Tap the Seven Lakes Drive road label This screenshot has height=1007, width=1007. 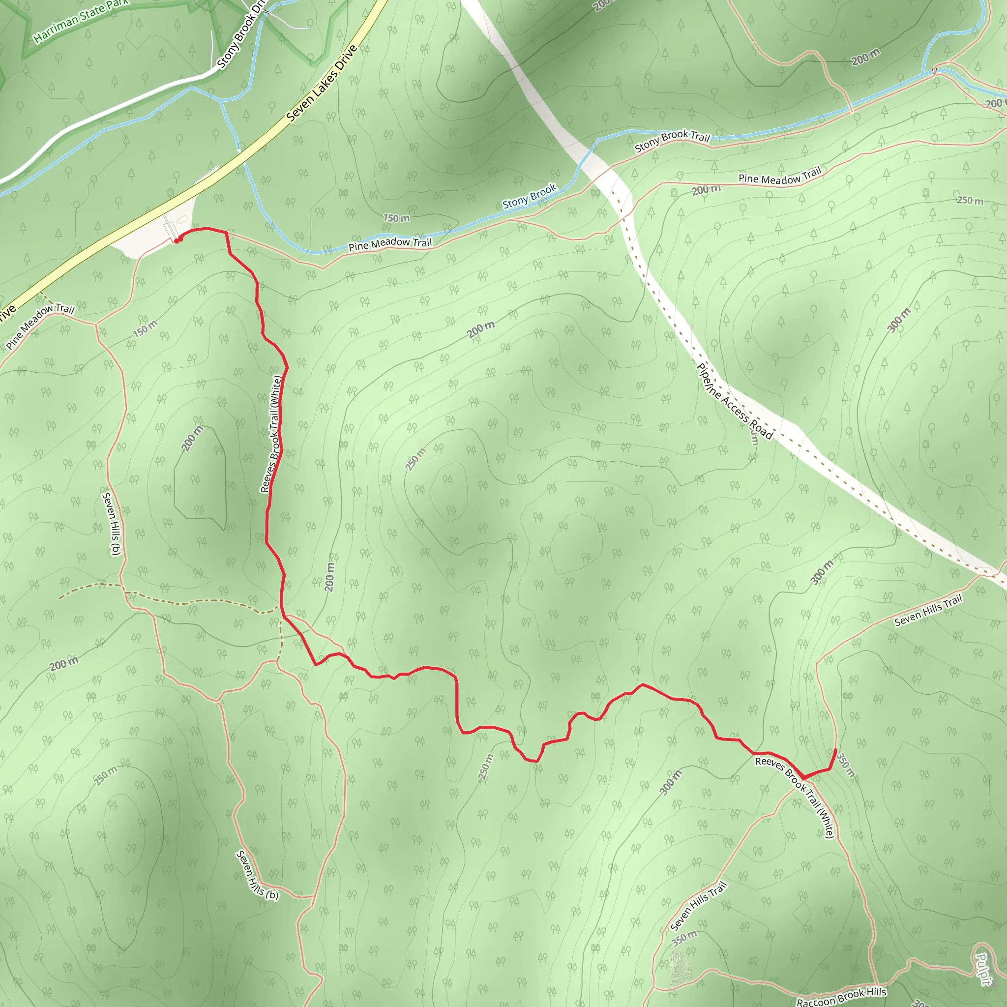(x=322, y=84)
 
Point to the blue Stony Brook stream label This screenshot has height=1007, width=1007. (x=530, y=196)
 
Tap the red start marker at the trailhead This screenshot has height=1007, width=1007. (x=178, y=240)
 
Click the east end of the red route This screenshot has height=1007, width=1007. (x=835, y=750)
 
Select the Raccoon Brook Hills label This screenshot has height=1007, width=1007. (x=841, y=996)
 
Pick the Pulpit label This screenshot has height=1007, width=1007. (x=982, y=969)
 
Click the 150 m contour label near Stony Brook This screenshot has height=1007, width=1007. (x=396, y=218)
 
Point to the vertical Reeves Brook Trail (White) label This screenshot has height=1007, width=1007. (x=271, y=434)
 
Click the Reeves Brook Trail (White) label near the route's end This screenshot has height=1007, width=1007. (x=795, y=797)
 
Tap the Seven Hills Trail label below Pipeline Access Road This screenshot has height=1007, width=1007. (x=928, y=610)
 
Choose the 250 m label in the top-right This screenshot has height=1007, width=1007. (x=970, y=201)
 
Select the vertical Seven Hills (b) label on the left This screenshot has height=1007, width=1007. (x=112, y=524)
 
